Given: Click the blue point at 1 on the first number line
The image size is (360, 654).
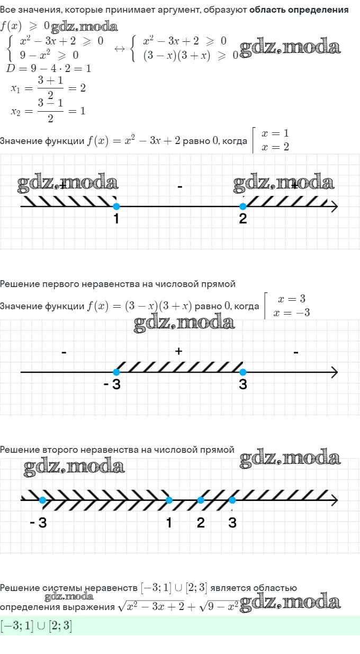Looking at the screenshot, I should (x=116, y=207).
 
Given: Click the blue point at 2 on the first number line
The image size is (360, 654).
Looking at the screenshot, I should (x=243, y=207).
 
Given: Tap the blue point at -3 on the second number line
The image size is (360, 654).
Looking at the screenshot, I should (x=116, y=372).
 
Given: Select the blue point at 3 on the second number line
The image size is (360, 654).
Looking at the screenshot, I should (x=243, y=372).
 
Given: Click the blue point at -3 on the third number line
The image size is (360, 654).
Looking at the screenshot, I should (x=42, y=500).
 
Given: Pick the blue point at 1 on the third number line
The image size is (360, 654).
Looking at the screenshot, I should (x=169, y=500).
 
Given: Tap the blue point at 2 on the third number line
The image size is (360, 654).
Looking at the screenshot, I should (x=201, y=500).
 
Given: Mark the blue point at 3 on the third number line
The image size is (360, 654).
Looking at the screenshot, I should (x=232, y=500).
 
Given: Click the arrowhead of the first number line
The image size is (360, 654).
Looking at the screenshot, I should (x=334, y=207).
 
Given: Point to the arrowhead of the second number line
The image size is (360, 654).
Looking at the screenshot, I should (x=334, y=372).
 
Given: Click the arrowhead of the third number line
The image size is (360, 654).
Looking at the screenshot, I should (x=334, y=500).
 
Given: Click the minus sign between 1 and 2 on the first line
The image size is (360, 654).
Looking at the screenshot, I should (x=180, y=187).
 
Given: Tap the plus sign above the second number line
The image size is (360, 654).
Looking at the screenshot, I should (x=179, y=351).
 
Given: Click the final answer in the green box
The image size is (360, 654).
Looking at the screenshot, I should (x=37, y=626).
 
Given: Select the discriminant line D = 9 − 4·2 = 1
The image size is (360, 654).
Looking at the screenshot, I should (x=49, y=68).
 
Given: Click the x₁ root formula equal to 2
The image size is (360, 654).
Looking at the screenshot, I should (x=48, y=87).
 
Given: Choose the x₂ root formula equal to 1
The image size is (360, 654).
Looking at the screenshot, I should (x=48, y=111).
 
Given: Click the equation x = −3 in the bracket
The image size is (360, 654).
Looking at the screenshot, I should (x=291, y=312).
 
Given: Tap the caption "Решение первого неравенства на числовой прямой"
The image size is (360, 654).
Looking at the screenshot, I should (x=118, y=284).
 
